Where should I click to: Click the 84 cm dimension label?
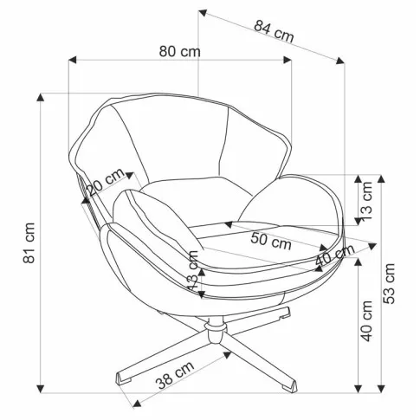pyautogui.click(x=274, y=31)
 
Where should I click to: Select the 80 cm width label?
pyautogui.click(x=179, y=52)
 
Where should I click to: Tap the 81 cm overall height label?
pyautogui.click(x=29, y=242)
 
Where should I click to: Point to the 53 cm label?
pyautogui.click(x=389, y=283)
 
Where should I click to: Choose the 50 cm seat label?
pyautogui.click(x=271, y=241)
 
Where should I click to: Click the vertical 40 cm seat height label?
pyautogui.click(x=367, y=321)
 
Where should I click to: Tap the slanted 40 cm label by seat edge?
pyautogui.click(x=334, y=255)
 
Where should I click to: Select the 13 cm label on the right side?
pyautogui.click(x=367, y=201)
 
